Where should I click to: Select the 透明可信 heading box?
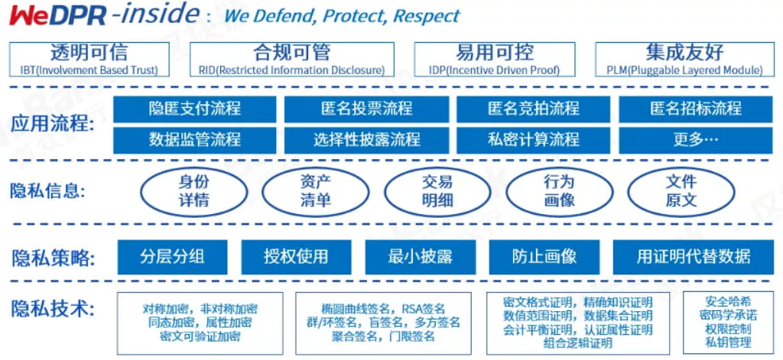89,60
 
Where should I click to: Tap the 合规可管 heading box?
292,60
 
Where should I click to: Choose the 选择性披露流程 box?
367,140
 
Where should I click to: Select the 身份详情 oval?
194,191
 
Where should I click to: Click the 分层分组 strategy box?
173,257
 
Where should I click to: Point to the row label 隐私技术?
53,309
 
